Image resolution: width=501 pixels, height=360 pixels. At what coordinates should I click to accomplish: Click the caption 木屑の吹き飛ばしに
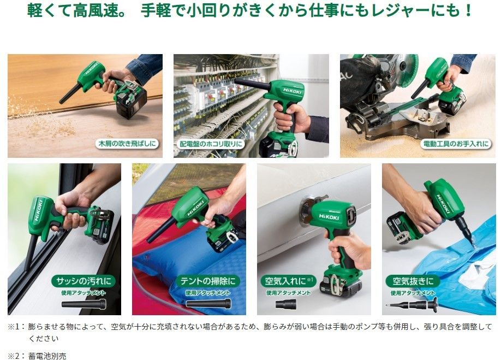(127, 144)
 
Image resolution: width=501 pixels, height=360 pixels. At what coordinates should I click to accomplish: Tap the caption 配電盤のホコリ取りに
(211, 144)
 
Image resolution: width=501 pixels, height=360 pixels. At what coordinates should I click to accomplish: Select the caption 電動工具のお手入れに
(456, 144)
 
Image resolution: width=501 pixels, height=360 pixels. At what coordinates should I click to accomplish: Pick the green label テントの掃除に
(209, 281)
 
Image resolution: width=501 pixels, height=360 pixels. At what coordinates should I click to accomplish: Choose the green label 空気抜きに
(413, 281)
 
